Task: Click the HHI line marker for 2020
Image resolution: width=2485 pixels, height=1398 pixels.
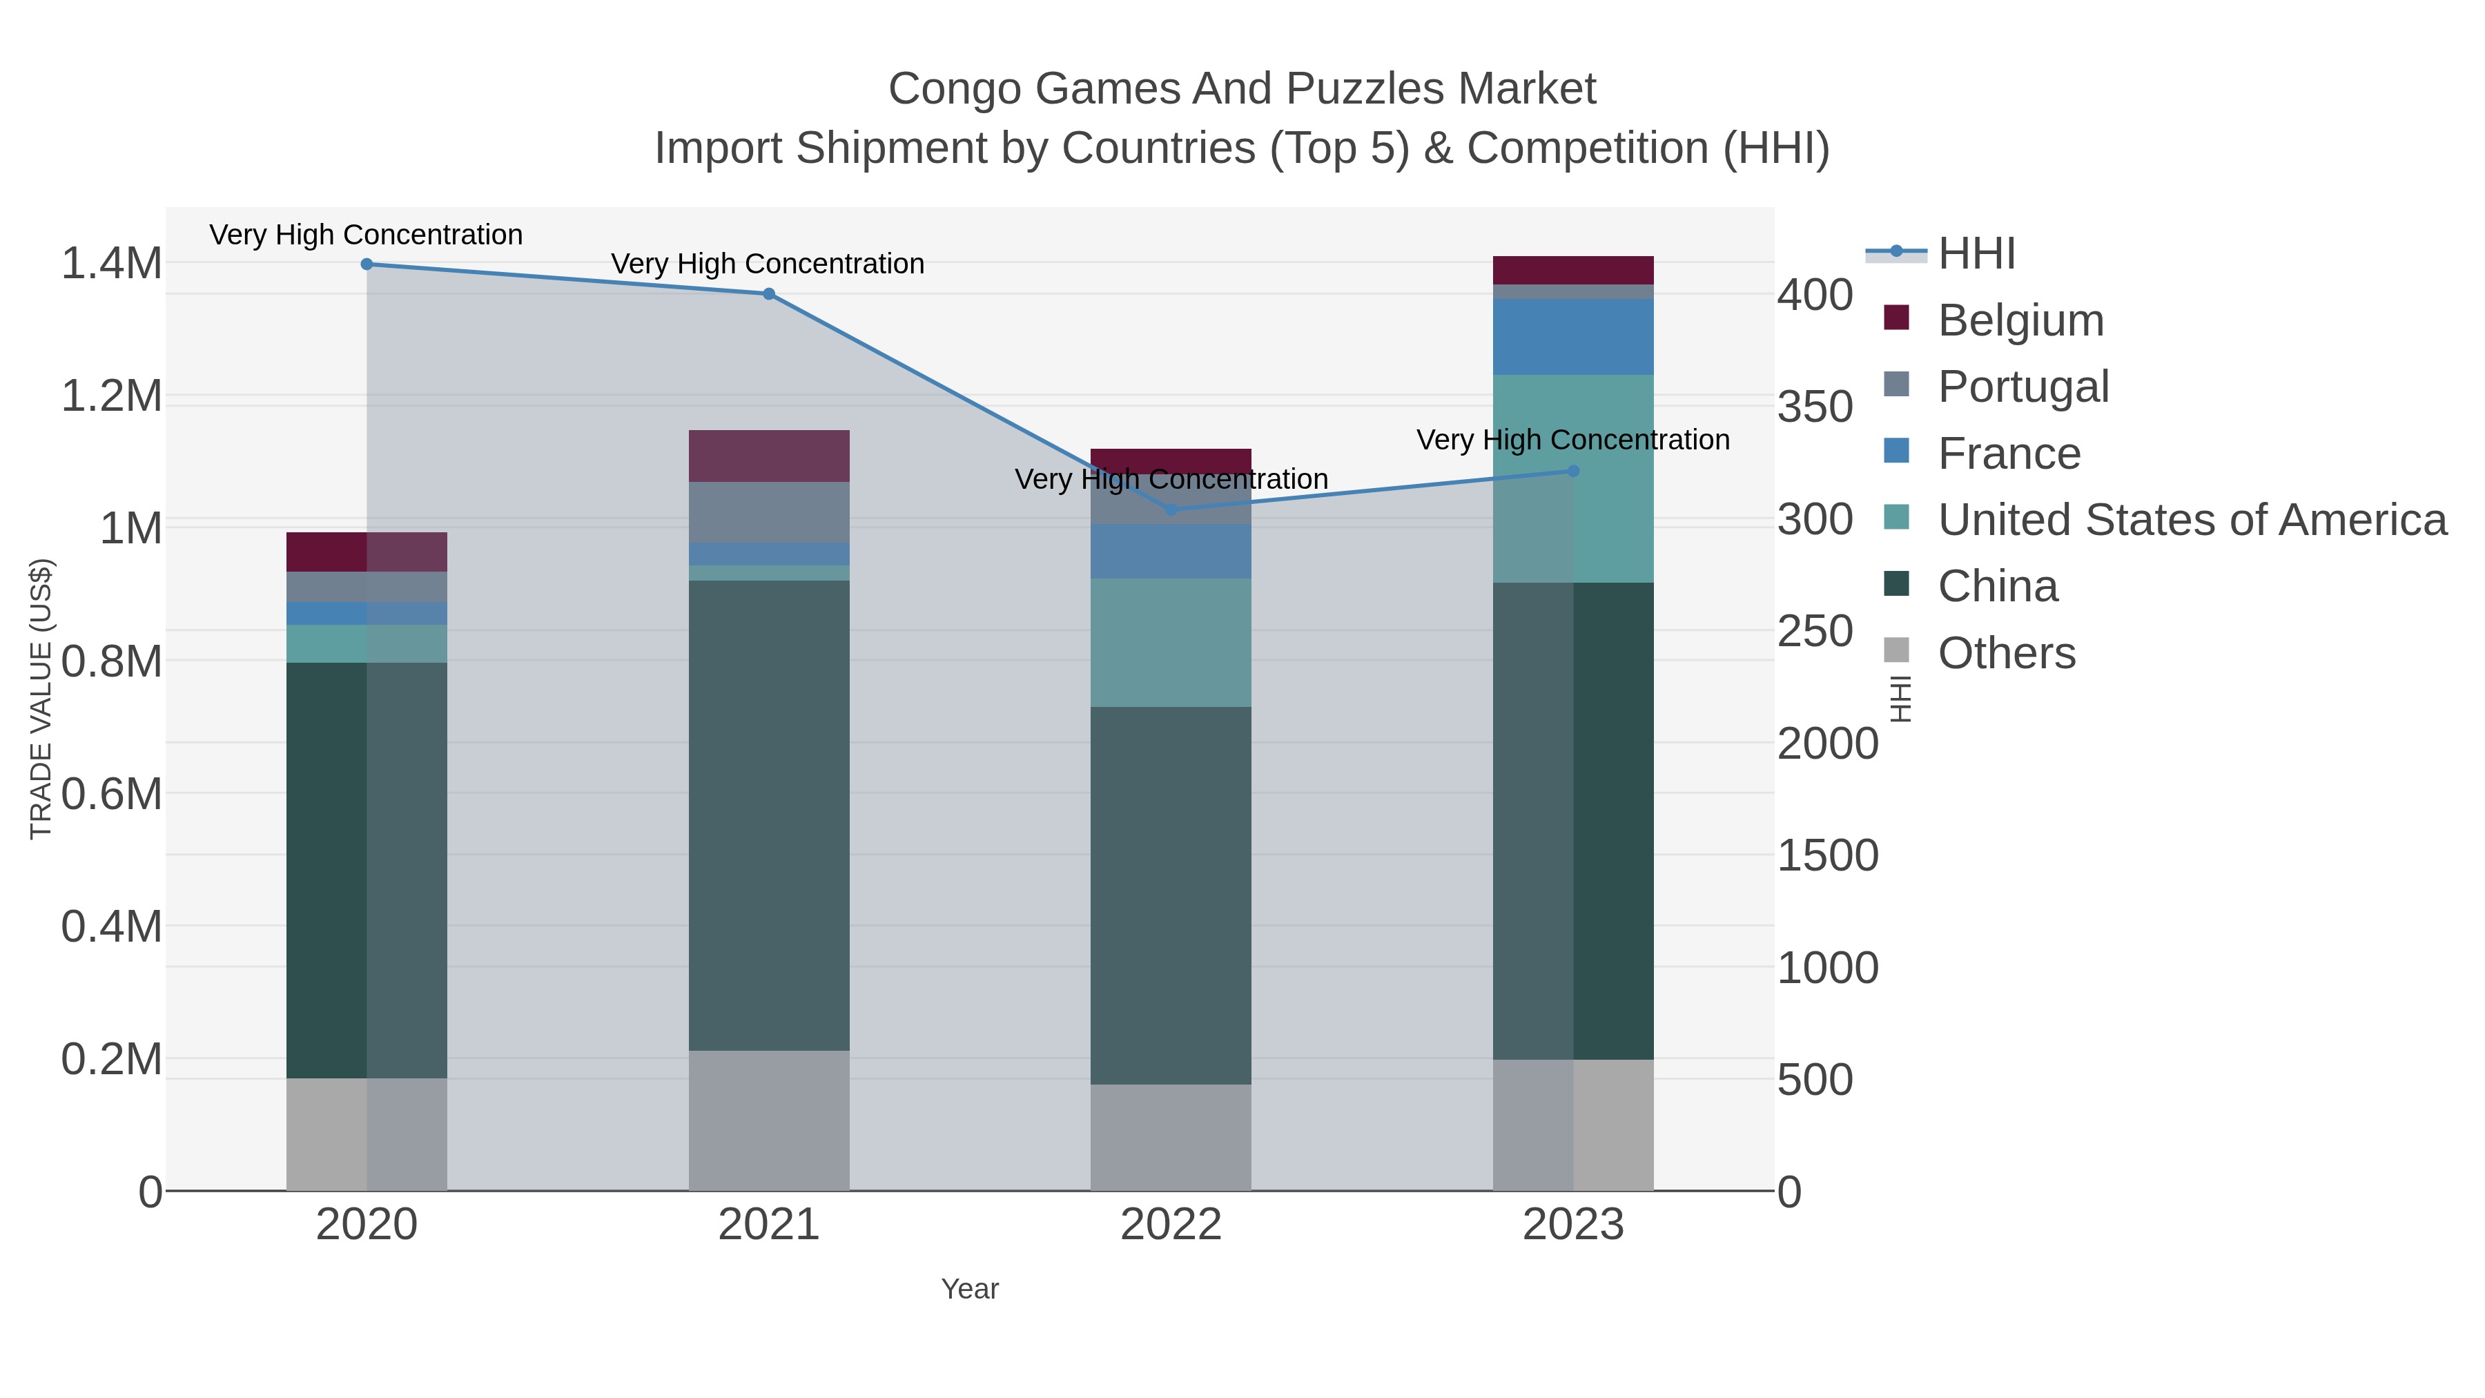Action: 367,264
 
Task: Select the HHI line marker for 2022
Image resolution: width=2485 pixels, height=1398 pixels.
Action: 1171,509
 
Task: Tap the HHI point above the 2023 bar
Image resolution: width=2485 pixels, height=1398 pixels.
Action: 1573,471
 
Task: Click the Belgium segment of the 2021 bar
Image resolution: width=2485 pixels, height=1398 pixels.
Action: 769,456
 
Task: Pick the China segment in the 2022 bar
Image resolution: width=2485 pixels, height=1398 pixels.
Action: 1171,895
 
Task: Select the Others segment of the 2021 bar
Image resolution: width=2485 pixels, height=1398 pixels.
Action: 769,1120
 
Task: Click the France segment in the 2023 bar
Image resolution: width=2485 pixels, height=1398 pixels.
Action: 1573,337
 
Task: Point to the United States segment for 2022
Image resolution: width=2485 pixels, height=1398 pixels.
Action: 1171,643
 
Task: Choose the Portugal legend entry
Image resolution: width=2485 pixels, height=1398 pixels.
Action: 2023,387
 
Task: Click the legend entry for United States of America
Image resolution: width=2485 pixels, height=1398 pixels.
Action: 2192,520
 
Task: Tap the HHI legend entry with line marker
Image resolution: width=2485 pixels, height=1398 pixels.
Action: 1976,254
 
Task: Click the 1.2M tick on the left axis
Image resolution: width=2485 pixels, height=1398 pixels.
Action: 112,396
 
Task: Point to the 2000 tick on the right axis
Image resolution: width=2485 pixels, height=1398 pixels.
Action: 1827,744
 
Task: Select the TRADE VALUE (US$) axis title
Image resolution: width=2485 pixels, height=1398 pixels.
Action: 41,699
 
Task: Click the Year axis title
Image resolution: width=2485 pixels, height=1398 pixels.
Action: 970,1289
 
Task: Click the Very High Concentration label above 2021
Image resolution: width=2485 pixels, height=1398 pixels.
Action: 768,264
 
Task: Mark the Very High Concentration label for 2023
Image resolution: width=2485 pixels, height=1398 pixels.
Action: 1572,440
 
